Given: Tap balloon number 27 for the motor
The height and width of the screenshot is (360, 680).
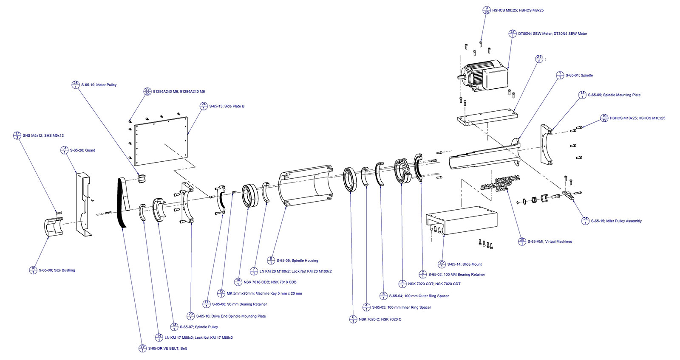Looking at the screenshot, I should [x=513, y=34].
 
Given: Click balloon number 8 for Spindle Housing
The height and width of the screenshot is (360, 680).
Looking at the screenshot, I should [x=271, y=260].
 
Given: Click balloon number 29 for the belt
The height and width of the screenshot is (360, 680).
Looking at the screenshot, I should [x=142, y=348].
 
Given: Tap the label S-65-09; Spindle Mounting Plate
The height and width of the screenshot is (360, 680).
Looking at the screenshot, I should [x=614, y=95].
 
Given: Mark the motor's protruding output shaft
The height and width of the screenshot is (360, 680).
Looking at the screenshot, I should [x=461, y=77].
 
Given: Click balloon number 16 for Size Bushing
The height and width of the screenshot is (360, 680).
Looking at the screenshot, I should [x=33, y=270].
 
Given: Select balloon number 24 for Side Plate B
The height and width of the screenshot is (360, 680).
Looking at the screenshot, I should [x=204, y=106].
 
